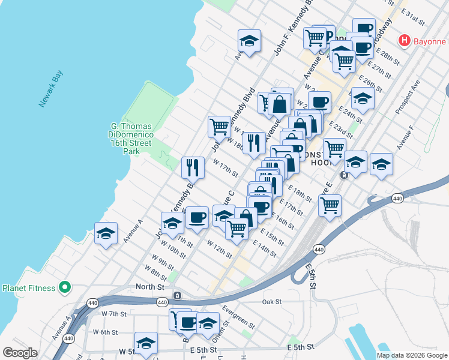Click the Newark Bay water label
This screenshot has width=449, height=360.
[51, 89]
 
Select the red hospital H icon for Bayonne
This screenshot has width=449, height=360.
[405, 41]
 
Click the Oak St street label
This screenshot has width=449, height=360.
[272, 302]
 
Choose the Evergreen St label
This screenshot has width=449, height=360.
[238, 316]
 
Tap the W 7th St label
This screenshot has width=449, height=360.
[113, 314]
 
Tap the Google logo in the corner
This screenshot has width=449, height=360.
[20, 353]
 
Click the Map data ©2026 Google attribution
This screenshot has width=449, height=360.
[411, 355]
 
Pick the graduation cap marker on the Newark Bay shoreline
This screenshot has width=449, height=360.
[106, 234]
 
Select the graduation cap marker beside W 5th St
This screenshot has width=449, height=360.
[146, 343]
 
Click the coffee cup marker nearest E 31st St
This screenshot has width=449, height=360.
[364, 28]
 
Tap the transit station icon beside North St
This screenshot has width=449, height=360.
[177, 296]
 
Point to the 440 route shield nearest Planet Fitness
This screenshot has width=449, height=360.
[92, 302]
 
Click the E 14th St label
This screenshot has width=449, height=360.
[265, 248]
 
